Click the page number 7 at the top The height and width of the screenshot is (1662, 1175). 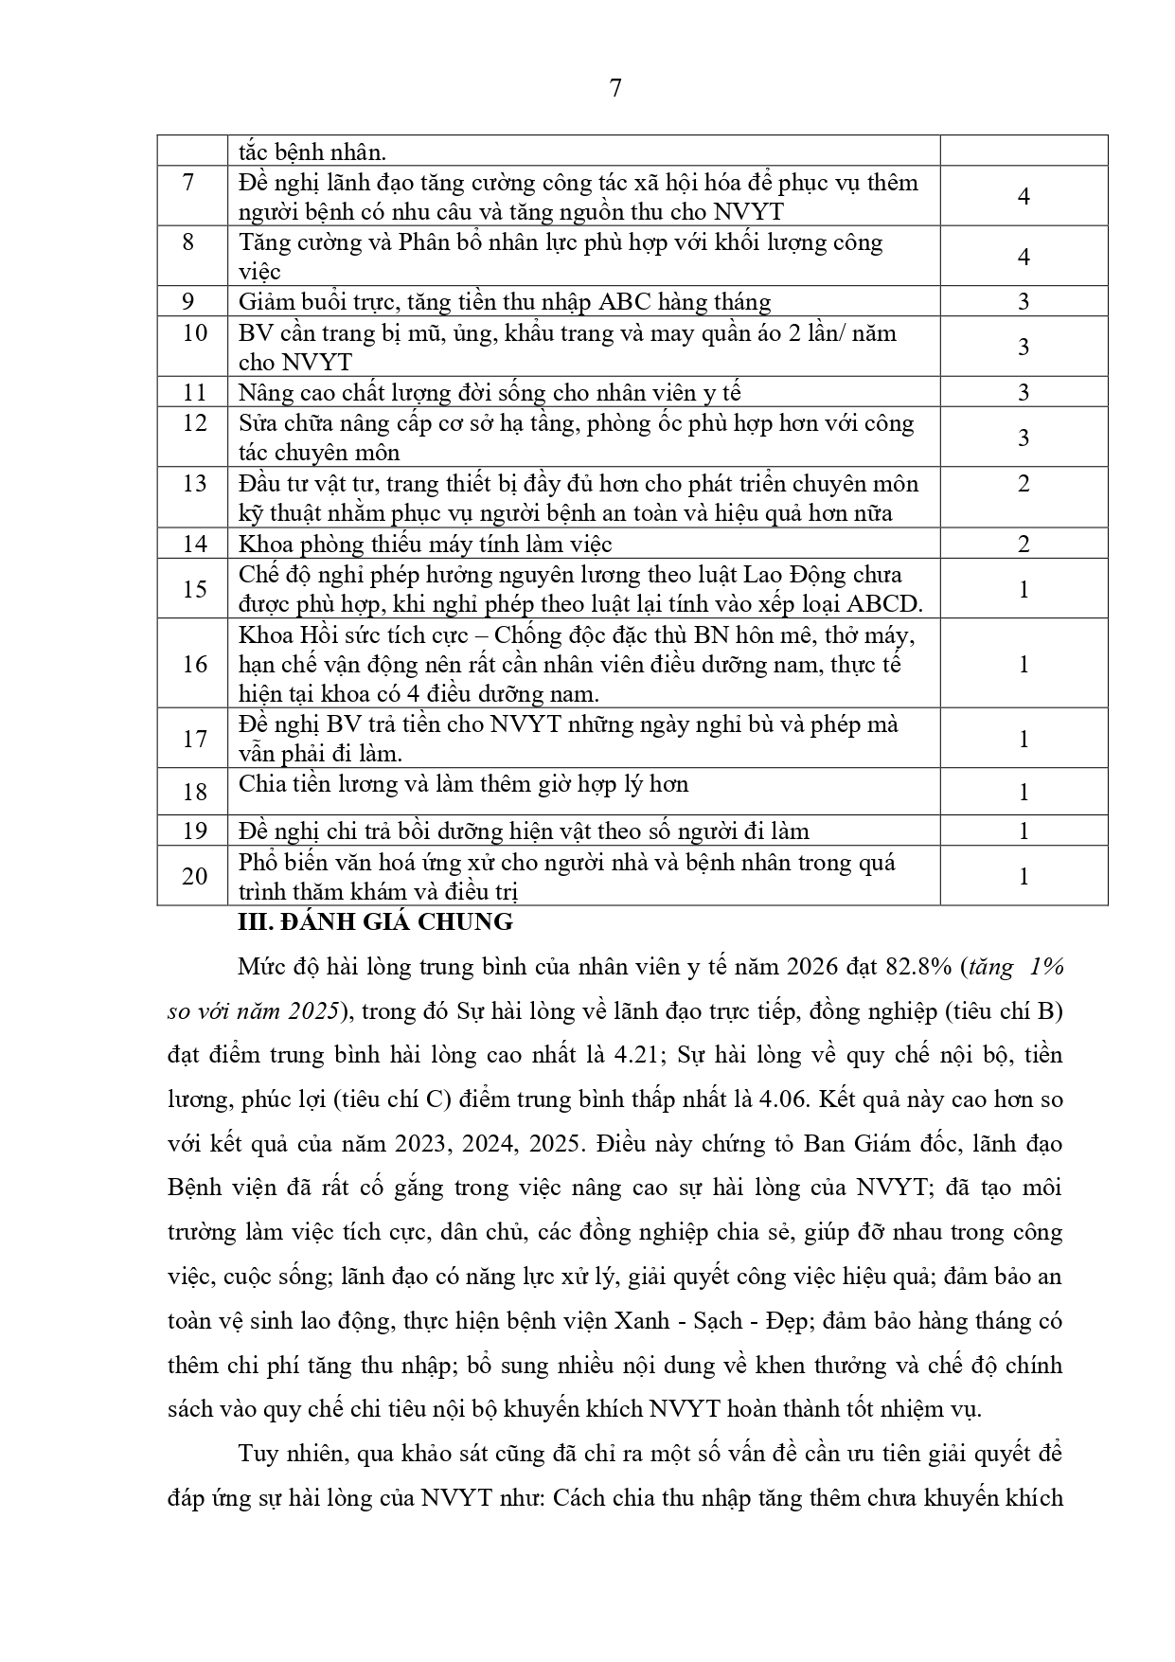coord(615,88)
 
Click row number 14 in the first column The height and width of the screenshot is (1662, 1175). coord(194,544)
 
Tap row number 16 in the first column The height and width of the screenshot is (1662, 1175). coord(194,664)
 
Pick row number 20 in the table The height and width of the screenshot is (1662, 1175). coord(194,876)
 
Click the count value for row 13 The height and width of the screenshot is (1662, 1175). coord(1024,484)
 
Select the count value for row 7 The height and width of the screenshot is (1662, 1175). coord(1024,196)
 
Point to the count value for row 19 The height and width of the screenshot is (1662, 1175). coord(1024,831)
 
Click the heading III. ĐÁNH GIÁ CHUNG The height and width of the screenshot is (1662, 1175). coord(375,921)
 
